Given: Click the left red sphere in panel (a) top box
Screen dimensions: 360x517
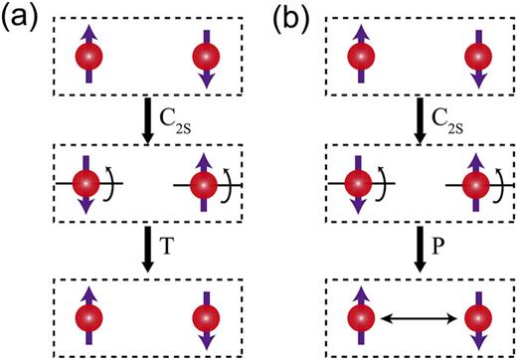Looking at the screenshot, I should point(88,57).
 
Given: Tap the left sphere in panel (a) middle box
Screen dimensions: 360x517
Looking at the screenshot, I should point(87,185).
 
